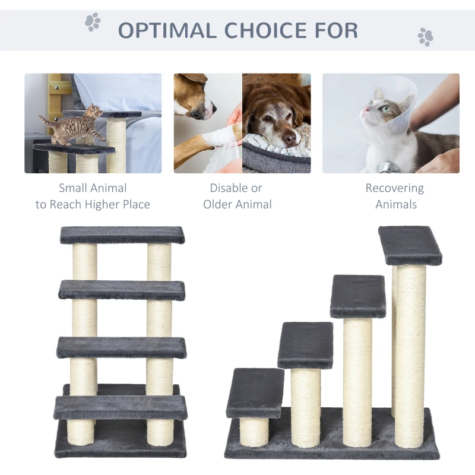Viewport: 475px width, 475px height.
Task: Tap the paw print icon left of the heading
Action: (x=92, y=22)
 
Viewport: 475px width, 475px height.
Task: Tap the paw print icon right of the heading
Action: (x=425, y=36)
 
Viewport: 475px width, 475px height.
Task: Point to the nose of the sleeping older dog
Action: (x=290, y=139)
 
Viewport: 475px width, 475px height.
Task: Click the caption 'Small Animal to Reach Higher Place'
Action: (x=93, y=197)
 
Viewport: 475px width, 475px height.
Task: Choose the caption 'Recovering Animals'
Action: (x=394, y=197)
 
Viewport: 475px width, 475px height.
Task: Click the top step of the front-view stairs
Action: (x=122, y=235)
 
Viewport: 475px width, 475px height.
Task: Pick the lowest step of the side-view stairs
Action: (x=255, y=392)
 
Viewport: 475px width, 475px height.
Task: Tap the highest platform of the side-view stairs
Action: (x=410, y=244)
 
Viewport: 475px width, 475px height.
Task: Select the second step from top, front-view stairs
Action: (x=122, y=290)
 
